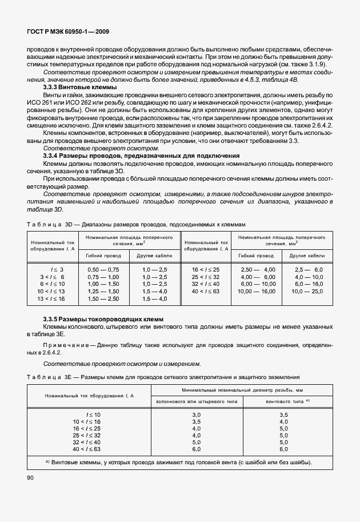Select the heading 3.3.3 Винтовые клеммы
click(80, 86)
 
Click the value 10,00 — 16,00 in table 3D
click(258, 291)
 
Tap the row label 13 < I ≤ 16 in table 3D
click(51, 298)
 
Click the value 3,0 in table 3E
click(197, 413)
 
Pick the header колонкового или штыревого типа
click(197, 401)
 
